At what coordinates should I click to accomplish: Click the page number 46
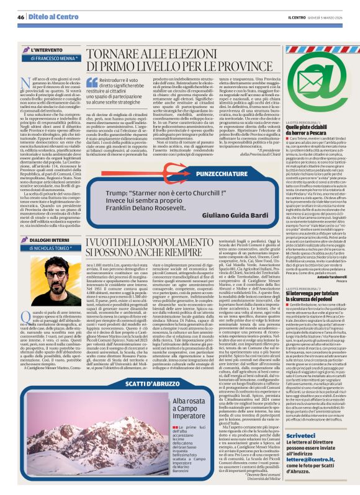(x=20, y=18)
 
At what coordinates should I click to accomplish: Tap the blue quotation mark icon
(x=92, y=82)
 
